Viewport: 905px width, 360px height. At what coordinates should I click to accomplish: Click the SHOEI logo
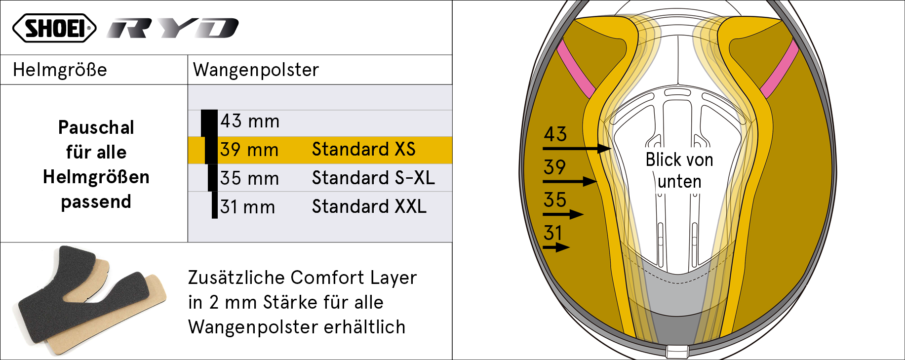[54, 28]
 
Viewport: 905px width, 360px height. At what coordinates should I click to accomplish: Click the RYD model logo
[173, 28]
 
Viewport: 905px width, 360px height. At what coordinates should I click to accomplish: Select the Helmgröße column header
[60, 70]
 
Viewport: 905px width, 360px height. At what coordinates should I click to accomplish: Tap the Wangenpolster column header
[256, 70]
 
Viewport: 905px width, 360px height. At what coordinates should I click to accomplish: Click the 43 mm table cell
[250, 121]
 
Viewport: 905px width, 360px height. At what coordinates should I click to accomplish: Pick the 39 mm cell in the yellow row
[249, 150]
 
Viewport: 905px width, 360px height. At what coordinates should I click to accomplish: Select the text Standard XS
[363, 150]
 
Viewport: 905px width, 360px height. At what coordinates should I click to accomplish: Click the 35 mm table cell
[249, 179]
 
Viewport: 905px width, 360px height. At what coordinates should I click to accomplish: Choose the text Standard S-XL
[373, 178]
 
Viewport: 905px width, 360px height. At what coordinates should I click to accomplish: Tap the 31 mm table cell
[247, 207]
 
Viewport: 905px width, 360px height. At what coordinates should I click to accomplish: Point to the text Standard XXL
[369, 207]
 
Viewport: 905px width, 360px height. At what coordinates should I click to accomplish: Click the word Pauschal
[96, 128]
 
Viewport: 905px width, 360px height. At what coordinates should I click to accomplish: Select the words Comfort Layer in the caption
[354, 278]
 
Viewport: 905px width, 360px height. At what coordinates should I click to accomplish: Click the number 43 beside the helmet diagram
[555, 134]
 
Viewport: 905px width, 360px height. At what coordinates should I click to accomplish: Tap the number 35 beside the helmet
[555, 200]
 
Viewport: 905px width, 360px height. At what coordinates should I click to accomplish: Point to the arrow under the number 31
[556, 247]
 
